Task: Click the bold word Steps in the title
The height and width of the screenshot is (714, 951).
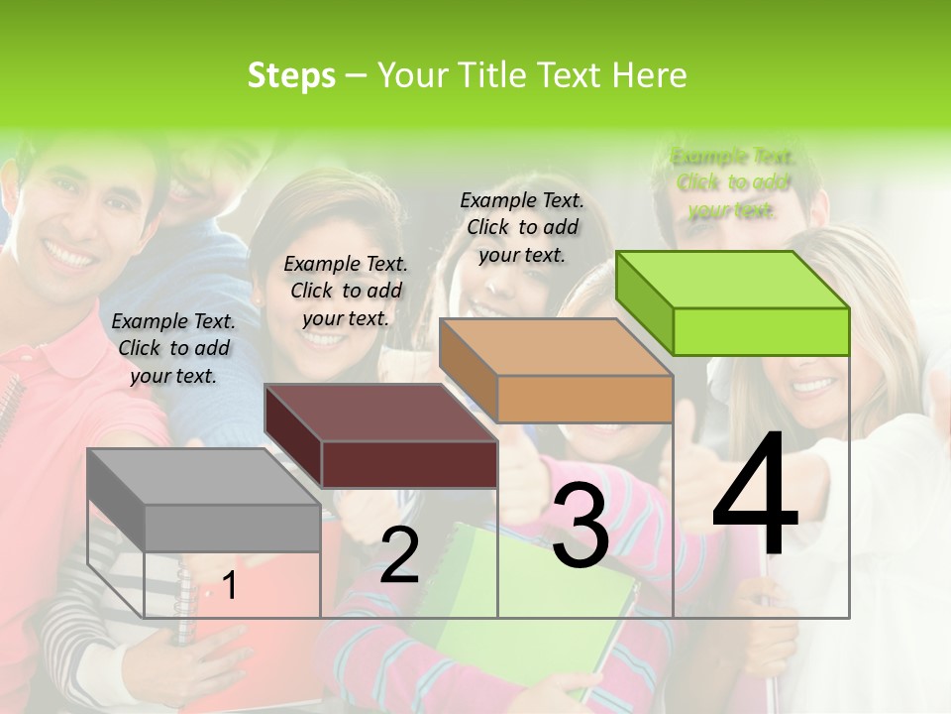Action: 291,75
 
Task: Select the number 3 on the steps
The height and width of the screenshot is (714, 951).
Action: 581,526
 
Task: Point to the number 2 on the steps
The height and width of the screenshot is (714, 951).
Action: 399,555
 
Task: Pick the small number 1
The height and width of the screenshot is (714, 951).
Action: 230,586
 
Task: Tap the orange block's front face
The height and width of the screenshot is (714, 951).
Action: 584,399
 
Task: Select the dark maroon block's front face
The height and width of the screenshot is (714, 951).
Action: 409,464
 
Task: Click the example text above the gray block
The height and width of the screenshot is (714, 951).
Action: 173,348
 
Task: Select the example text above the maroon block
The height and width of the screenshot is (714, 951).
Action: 346,291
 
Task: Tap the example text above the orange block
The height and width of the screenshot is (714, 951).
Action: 522,227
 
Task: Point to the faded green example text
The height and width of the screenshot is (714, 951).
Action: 732,182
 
